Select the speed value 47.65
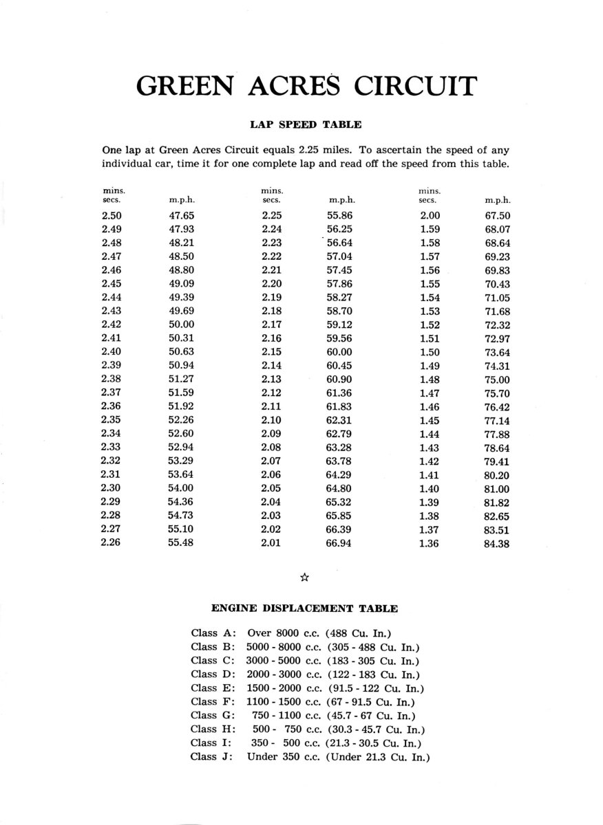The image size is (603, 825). [182, 215]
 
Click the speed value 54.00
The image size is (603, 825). [182, 489]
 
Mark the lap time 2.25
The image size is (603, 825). [273, 215]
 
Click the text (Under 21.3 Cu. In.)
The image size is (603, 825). [379, 757]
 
